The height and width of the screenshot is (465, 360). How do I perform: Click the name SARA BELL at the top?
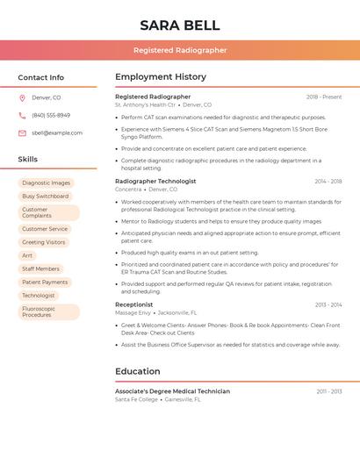tap(180, 25)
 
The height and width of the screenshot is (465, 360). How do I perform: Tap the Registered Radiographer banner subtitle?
tap(180, 50)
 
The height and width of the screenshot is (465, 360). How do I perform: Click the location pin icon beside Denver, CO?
tap(22, 97)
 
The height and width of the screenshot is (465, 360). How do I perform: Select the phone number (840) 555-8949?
tap(51, 115)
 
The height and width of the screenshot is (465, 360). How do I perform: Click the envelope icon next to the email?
tap(22, 133)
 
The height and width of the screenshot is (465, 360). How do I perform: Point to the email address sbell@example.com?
tap(57, 133)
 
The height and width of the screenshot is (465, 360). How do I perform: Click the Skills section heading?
tap(28, 160)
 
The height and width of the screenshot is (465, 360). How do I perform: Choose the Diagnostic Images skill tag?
tap(47, 183)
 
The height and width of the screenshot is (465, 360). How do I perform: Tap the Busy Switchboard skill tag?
tap(46, 197)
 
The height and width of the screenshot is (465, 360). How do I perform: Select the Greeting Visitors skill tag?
tap(44, 242)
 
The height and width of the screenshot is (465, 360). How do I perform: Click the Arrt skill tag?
tap(27, 255)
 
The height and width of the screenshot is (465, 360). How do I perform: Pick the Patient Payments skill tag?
tap(45, 283)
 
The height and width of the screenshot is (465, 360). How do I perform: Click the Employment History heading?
tap(161, 77)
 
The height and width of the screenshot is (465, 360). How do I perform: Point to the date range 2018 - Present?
tap(324, 97)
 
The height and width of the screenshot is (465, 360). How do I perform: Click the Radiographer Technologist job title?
tap(155, 182)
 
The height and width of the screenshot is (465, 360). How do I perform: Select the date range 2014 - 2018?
tap(328, 182)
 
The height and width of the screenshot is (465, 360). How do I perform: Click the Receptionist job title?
tap(133, 304)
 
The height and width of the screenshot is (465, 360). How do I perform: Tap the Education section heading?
tap(137, 371)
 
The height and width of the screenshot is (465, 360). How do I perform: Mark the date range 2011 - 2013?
tap(328, 391)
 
